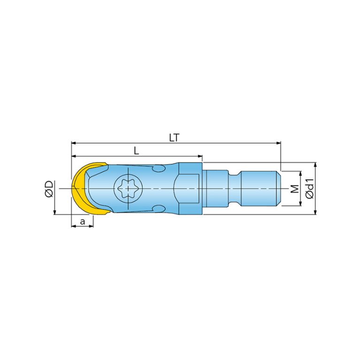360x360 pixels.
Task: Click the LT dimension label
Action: (x=174, y=138)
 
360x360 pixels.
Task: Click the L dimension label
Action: (x=137, y=151)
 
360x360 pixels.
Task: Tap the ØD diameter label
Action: (x=49, y=189)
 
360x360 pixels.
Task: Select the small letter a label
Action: (x=83, y=222)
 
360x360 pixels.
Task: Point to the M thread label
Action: (x=295, y=189)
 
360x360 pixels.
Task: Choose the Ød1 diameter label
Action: (x=310, y=189)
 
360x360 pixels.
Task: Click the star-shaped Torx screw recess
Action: (x=128, y=189)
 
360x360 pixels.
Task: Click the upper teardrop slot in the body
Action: (x=159, y=169)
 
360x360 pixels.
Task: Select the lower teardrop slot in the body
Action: (x=159, y=209)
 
